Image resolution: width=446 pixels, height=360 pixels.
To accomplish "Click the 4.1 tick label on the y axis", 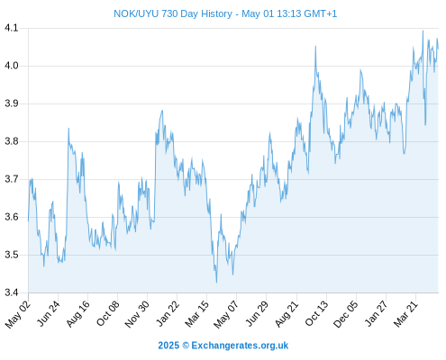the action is point(12,28).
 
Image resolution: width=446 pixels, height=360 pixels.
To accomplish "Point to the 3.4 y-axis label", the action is point(12,292).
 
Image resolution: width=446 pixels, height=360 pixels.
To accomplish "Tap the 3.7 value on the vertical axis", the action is point(12,179).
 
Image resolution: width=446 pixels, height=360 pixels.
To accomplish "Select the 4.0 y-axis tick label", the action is point(12,66).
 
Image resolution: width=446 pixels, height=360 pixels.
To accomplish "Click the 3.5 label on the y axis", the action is point(12,255).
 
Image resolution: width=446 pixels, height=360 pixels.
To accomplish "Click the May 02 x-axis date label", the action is point(18,314).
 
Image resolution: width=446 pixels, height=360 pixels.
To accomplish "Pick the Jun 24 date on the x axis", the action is point(49,313).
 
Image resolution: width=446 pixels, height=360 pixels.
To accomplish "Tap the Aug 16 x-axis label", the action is point(78,313).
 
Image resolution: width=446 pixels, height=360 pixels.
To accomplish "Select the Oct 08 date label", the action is point(108,313).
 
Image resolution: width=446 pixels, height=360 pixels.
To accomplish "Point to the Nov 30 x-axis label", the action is point(137,314).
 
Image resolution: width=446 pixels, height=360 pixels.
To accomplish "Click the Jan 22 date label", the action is point(168,313).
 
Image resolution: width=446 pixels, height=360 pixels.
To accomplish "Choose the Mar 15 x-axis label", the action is point(197,313).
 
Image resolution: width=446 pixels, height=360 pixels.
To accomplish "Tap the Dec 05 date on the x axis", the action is point(346,314).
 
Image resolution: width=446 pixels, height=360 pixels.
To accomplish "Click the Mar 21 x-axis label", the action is point(405,313).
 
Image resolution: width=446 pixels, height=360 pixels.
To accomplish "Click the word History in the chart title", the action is point(216,13).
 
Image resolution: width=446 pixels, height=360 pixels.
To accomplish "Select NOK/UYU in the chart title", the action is point(136,13).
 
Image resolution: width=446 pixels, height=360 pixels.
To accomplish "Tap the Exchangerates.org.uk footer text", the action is point(240,346).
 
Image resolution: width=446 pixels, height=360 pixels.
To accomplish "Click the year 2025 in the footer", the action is point(168,346).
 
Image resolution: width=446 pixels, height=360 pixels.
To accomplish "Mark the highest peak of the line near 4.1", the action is point(423,31).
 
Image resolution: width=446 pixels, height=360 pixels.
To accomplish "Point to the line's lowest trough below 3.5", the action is point(216,283).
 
